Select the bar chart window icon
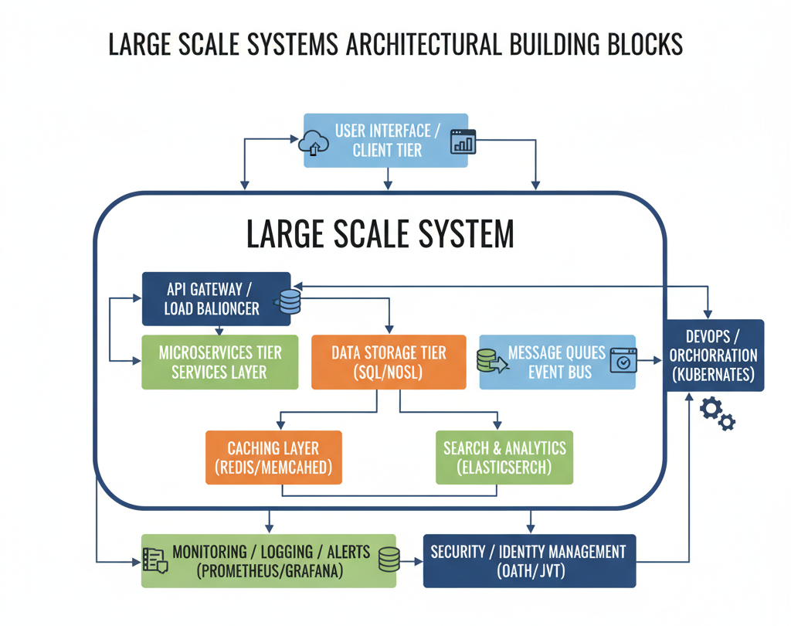(463, 141)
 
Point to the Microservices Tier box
(219, 362)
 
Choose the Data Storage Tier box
(389, 362)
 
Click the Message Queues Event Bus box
(557, 362)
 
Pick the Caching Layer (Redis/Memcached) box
(273, 458)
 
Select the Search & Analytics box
(504, 458)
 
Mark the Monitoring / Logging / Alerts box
(268, 560)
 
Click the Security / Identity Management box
(529, 560)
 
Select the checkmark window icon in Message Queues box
(623, 361)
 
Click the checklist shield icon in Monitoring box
(156, 560)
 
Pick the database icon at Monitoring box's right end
(388, 560)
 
